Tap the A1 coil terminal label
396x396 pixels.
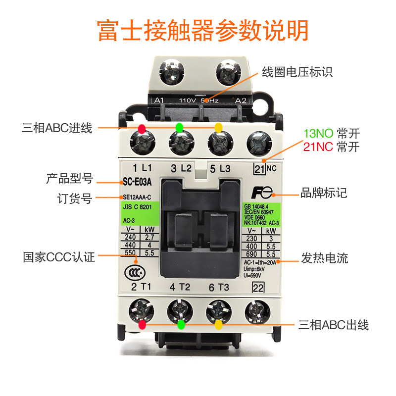159,100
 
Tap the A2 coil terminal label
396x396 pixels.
241,100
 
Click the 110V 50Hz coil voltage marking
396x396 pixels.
200,100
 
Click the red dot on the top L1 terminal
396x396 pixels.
142,129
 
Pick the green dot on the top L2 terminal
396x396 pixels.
179,128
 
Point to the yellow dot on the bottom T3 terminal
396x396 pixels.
218,325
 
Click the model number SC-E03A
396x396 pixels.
137,181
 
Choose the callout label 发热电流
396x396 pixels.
324,258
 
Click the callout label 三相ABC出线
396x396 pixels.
334,325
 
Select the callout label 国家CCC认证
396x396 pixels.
58,257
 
